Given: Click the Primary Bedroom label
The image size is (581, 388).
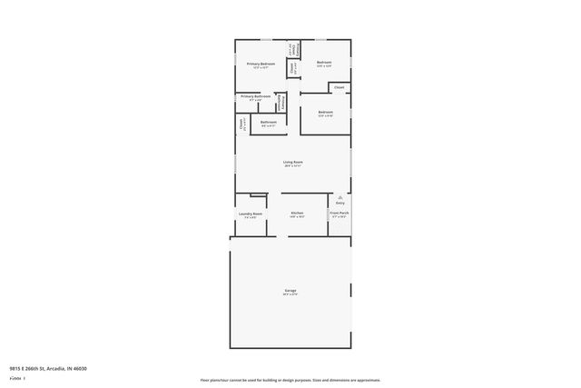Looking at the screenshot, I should point(261,64).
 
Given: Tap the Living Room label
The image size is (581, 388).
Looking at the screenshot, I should point(292,162).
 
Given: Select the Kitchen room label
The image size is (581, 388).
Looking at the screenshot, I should point(297,213).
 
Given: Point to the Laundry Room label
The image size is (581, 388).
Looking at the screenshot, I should point(251,214).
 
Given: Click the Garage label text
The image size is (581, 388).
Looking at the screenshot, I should point(290,291).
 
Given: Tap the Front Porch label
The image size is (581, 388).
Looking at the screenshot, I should point(340,213).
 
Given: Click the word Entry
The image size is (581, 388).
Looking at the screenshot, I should point(340,203).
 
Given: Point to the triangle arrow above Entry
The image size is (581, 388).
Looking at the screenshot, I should point(340,196).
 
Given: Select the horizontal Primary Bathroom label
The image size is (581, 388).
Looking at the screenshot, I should point(256,95).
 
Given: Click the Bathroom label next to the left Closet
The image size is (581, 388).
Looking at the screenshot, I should point(269,122).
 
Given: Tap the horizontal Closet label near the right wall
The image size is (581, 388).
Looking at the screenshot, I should point(339,87).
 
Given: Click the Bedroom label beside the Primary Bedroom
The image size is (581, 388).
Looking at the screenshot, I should point(324,63).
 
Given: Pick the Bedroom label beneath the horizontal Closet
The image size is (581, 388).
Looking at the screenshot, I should point(325,113).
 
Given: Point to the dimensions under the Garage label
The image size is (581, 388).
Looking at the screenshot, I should point(290,294).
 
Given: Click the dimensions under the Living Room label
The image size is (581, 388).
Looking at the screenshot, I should point(292,166).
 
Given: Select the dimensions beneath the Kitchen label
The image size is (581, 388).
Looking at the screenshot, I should point(297,217).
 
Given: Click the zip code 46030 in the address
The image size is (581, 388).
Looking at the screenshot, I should point(81,369).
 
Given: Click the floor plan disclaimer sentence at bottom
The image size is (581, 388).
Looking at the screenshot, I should point(290,380).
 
